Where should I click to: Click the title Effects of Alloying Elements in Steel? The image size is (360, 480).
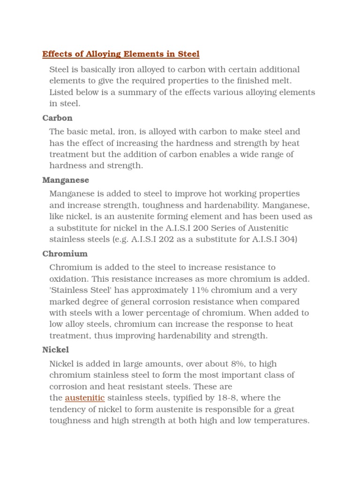pyautogui.click(x=121, y=54)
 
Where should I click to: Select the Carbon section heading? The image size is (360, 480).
pyautogui.click(x=57, y=118)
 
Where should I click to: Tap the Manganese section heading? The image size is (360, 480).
pyautogui.click(x=66, y=180)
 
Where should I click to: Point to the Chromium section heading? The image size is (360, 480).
pyautogui.click(x=65, y=254)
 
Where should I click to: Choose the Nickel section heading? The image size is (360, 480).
pyautogui.click(x=55, y=350)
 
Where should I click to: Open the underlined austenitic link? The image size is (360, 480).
pyautogui.click(x=84, y=398)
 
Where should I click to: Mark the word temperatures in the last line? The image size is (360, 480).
pyautogui.click(x=282, y=420)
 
